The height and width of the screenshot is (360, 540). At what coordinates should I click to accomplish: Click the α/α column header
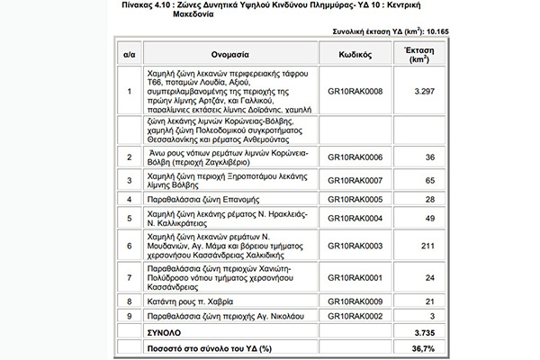pyautogui.click(x=129, y=53)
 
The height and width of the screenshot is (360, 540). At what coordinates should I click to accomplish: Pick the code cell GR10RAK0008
pyautogui.click(x=354, y=91)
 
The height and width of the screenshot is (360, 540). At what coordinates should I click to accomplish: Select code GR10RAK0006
pyautogui.click(x=354, y=157)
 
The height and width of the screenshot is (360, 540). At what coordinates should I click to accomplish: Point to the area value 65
pyautogui.click(x=429, y=178)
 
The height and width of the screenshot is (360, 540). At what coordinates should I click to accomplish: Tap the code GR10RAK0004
pyautogui.click(x=354, y=218)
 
